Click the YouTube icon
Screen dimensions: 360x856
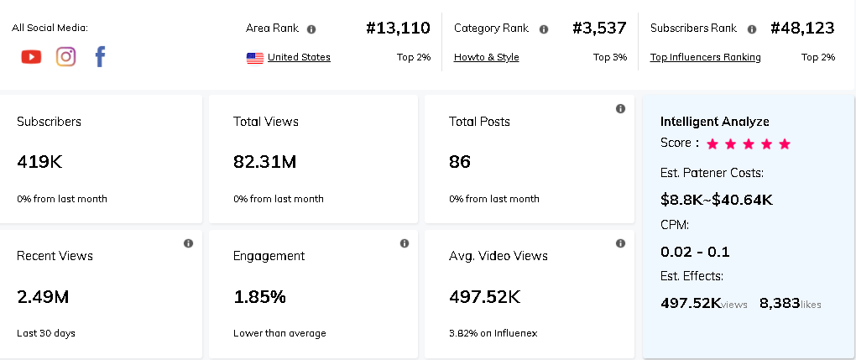pyautogui.click(x=31, y=57)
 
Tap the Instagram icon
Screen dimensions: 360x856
pyautogui.click(x=65, y=57)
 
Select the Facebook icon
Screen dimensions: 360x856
pyautogui.click(x=100, y=57)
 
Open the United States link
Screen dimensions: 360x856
pyautogui.click(x=299, y=58)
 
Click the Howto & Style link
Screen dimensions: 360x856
pyautogui.click(x=486, y=58)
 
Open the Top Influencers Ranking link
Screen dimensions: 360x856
pyautogui.click(x=705, y=58)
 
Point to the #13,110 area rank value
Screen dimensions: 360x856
pyautogui.click(x=399, y=28)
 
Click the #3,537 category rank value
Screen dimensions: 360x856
pyautogui.click(x=599, y=28)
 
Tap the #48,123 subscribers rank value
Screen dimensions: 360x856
pyautogui.click(x=802, y=28)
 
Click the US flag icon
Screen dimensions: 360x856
pyautogui.click(x=255, y=58)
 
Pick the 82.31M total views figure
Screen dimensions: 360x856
pyautogui.click(x=264, y=161)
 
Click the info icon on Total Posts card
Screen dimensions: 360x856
pyautogui.click(x=620, y=108)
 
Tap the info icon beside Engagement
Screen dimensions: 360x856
pyautogui.click(x=405, y=243)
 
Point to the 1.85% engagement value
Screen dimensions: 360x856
pyautogui.click(x=259, y=296)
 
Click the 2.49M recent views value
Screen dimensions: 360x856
pyautogui.click(x=43, y=296)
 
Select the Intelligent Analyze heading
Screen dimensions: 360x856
pyautogui.click(x=714, y=122)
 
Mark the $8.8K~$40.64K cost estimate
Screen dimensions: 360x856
pyautogui.click(x=717, y=200)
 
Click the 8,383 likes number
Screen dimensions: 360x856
pyautogui.click(x=779, y=303)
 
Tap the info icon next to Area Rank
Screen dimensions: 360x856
pyautogui.click(x=311, y=29)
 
